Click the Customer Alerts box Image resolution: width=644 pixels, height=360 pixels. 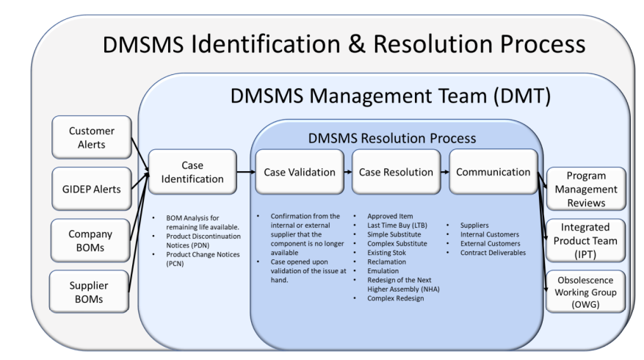(x=92, y=137)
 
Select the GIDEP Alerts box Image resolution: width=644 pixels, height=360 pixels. (x=92, y=189)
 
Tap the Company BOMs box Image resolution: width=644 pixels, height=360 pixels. (x=90, y=240)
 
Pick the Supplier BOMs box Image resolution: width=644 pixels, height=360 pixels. (x=89, y=292)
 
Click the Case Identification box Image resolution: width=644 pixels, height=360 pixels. (x=192, y=172)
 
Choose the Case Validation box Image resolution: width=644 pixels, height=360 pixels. (x=300, y=172)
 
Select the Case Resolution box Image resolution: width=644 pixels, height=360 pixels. (x=396, y=172)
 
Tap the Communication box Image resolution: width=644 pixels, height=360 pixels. (x=493, y=172)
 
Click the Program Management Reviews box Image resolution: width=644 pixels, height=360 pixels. (x=586, y=189)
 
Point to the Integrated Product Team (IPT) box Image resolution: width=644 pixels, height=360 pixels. (x=586, y=240)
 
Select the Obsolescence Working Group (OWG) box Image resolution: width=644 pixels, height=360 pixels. (x=586, y=292)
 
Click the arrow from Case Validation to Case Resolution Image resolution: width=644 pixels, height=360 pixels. (x=348, y=172)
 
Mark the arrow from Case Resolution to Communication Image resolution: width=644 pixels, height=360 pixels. (x=445, y=172)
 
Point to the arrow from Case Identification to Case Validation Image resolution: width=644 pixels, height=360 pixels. (x=246, y=172)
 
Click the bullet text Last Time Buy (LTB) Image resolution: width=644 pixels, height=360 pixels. (x=397, y=226)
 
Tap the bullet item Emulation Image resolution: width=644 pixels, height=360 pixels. (x=383, y=271)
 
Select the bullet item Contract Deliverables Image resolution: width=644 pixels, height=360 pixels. (x=493, y=253)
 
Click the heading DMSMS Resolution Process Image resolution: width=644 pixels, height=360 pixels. (x=392, y=138)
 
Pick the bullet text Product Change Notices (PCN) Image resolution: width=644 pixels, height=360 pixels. (x=203, y=259)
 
